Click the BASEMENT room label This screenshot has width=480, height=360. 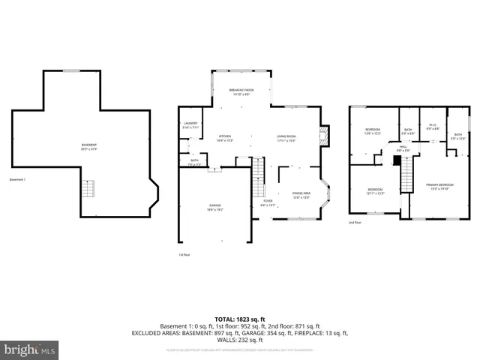click(x=89, y=146)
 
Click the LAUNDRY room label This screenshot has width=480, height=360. click(x=190, y=125)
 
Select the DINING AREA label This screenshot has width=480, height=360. click(x=301, y=195)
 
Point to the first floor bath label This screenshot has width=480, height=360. click(x=194, y=161)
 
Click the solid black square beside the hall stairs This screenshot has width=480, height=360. click(x=397, y=160)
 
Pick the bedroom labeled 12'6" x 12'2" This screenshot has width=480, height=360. click(x=373, y=131)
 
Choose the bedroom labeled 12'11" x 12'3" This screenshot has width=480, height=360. click(x=375, y=190)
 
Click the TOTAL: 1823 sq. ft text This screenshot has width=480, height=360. click(x=239, y=318)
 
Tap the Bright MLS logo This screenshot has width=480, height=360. click(x=30, y=349)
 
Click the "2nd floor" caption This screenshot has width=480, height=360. click(x=355, y=223)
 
